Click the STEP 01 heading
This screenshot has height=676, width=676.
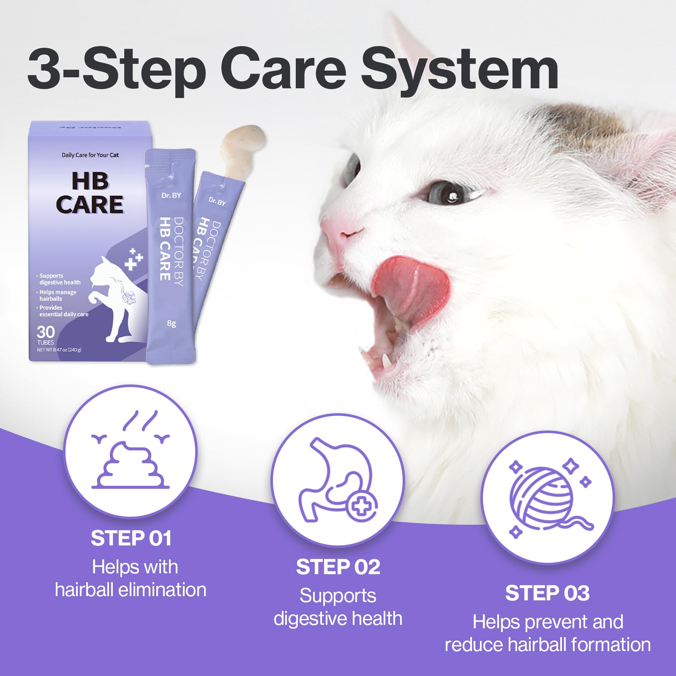click(x=131, y=539)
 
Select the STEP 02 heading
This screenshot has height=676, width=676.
click(x=338, y=567)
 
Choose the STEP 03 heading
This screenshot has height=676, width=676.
click(x=547, y=593)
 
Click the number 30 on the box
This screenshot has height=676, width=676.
click(x=46, y=332)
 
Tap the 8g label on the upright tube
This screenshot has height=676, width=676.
click(x=172, y=323)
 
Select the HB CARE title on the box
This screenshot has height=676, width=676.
click(x=90, y=193)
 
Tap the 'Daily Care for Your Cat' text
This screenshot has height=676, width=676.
click(x=90, y=155)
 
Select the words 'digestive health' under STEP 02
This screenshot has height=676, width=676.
click(x=338, y=619)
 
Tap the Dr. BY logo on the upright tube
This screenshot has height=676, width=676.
click(x=171, y=195)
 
